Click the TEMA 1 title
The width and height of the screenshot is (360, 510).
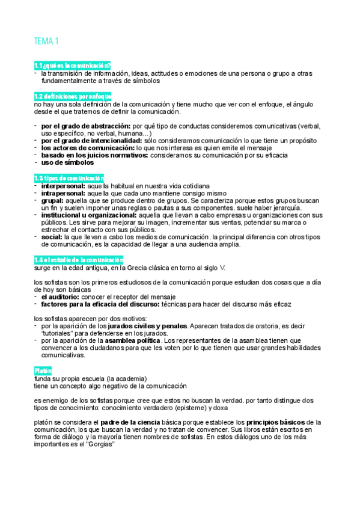46,41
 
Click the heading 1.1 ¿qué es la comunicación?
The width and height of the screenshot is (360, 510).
73,65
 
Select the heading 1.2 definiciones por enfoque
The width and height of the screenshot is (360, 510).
73,96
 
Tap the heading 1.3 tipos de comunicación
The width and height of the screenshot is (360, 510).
69,178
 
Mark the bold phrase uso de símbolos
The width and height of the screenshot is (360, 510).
67,162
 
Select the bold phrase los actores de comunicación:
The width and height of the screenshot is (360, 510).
88,148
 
